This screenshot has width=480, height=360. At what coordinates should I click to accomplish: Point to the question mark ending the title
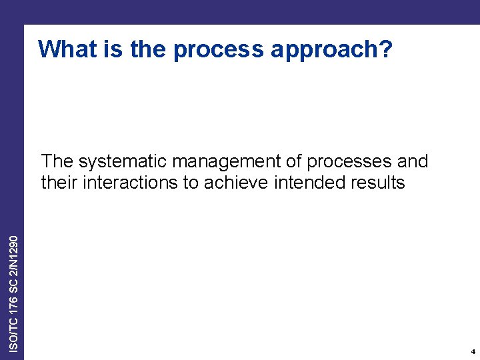[x=387, y=49]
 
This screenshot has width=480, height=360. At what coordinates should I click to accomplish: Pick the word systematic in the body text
[x=122, y=162]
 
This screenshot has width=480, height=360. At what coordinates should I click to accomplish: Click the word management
[x=223, y=162]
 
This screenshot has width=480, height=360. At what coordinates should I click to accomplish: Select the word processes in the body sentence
[x=350, y=162]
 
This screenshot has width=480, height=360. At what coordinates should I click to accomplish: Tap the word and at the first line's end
[x=413, y=161]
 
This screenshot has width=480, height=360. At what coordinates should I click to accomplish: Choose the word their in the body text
[x=59, y=182]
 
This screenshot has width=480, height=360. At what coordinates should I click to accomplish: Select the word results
[x=377, y=182]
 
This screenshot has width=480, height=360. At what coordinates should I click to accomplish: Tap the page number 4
[x=472, y=351]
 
